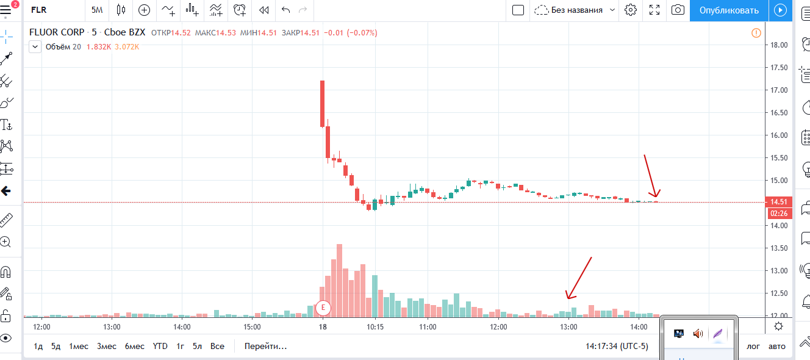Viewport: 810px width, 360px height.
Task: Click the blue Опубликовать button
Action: pos(729,10)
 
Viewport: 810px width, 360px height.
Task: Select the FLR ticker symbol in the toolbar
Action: pos(38,10)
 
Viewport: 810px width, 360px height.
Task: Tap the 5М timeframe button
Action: pos(97,10)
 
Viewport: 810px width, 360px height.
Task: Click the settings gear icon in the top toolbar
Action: pos(631,10)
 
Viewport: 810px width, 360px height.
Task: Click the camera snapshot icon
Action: pos(677,10)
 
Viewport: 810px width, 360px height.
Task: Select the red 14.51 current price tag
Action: pos(780,202)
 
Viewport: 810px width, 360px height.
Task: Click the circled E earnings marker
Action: pos(323,308)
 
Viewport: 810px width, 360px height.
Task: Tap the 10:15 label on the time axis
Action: pos(375,326)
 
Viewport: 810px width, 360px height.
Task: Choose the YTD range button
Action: pos(160,346)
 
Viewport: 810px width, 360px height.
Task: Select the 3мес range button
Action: pos(106,346)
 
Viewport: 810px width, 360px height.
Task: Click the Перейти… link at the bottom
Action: pos(265,346)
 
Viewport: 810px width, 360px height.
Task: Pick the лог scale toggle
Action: pos(754,346)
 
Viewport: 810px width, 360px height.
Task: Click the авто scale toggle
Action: pos(776,346)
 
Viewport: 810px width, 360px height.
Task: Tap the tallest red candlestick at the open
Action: pos(322,104)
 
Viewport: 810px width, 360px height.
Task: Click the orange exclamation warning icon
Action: pos(756,33)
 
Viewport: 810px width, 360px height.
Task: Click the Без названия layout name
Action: pos(576,10)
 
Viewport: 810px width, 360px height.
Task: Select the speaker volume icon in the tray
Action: pos(698,333)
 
